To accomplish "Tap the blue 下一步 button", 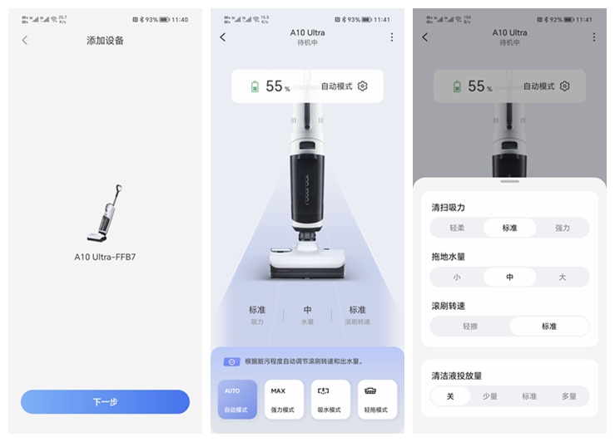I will click(105, 402).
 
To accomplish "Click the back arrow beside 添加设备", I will click(25, 40).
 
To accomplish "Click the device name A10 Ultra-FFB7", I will click(105, 257).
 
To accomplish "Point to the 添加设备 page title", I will click(105, 40).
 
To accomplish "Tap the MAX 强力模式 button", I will click(284, 400).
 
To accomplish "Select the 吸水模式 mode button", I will click(330, 400).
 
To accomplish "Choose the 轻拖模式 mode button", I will click(377, 400).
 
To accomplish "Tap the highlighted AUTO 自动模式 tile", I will click(236, 400).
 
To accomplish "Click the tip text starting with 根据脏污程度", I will click(303, 361).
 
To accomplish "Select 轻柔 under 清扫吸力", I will click(457, 228).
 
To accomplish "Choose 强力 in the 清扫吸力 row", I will click(563, 228).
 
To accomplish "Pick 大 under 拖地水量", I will click(563, 277).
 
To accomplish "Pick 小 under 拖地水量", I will click(457, 277).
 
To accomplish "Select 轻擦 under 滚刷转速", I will click(470, 327).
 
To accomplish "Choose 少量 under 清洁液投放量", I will click(490, 396).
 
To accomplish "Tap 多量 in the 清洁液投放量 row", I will click(568, 396).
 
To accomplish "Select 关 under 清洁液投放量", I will click(450, 396).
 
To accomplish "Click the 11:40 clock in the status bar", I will click(179, 19).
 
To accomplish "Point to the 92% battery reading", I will click(556, 19).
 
